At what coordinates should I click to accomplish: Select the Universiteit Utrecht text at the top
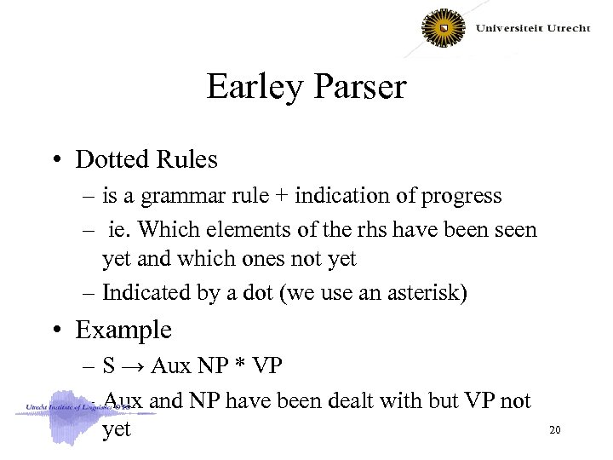pyautogui.click(x=532, y=28)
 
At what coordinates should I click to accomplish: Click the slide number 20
pyautogui.click(x=554, y=430)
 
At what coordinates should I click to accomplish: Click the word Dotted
pyautogui.click(x=108, y=159)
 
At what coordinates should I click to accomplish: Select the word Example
pyautogui.click(x=123, y=331)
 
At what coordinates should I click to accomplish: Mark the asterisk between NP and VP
pyautogui.click(x=243, y=368)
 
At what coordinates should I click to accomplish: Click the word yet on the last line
pyautogui.click(x=117, y=431)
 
